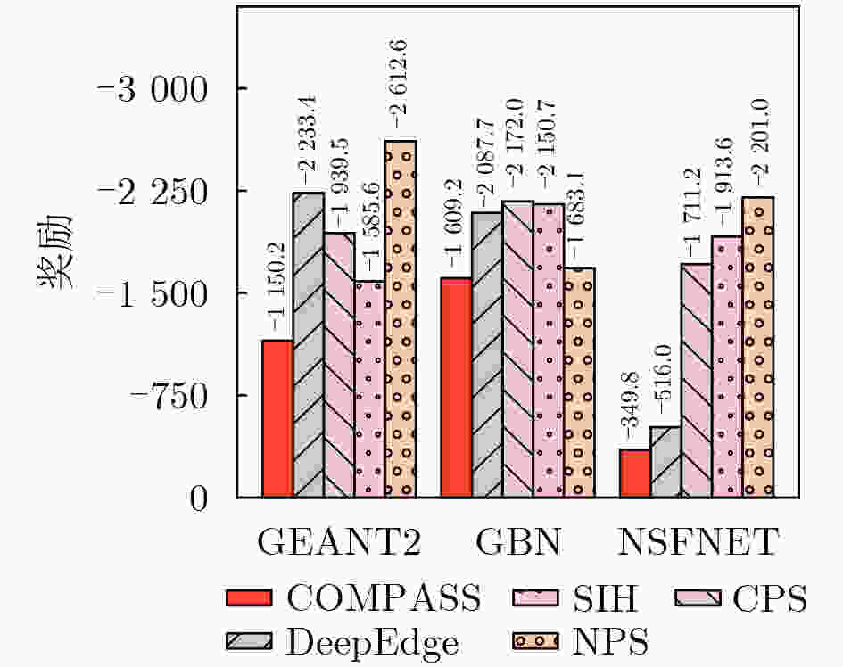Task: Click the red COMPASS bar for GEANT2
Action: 277,418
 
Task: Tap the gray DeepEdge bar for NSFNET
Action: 665,462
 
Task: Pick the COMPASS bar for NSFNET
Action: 635,473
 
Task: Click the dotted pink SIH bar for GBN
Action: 549,350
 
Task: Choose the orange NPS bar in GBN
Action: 580,383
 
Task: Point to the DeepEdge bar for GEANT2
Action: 309,344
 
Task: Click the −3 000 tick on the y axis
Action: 153,89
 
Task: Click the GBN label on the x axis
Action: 518,542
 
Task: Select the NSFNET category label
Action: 698,542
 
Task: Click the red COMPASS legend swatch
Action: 249,597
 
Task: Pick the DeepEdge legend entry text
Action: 372,643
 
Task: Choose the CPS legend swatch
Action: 698,597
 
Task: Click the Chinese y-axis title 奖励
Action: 54,251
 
